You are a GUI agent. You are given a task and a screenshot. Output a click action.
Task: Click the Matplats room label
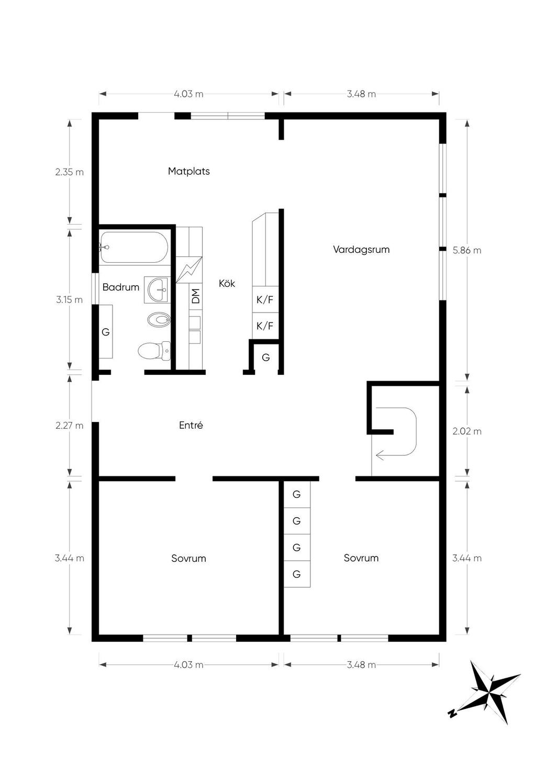(189, 171)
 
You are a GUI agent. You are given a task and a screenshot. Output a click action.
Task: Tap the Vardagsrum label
(361, 250)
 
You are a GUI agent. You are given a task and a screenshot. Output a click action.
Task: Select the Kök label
(227, 283)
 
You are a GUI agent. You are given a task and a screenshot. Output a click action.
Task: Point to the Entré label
(191, 425)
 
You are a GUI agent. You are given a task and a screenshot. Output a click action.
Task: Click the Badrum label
(121, 287)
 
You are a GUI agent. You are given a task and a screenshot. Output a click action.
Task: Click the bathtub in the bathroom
(134, 248)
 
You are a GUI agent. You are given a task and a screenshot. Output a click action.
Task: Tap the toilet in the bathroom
(154, 351)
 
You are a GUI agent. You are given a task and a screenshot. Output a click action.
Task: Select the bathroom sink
(156, 289)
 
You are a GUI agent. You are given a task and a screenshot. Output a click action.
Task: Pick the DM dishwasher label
(196, 296)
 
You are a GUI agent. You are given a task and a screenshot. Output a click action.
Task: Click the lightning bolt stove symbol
(189, 270)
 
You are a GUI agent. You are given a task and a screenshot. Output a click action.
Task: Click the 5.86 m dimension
(467, 250)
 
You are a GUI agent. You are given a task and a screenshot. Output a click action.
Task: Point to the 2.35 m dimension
(70, 172)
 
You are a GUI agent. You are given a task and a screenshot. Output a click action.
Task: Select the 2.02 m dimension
(467, 431)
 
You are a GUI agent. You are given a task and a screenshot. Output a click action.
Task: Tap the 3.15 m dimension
(70, 300)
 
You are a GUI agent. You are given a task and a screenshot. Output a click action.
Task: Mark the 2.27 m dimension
(70, 426)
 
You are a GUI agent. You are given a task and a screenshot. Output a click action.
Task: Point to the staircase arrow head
(379, 455)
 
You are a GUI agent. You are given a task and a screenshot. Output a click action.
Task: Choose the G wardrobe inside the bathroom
(106, 332)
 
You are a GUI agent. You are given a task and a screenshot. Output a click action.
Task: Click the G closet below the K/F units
(266, 358)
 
